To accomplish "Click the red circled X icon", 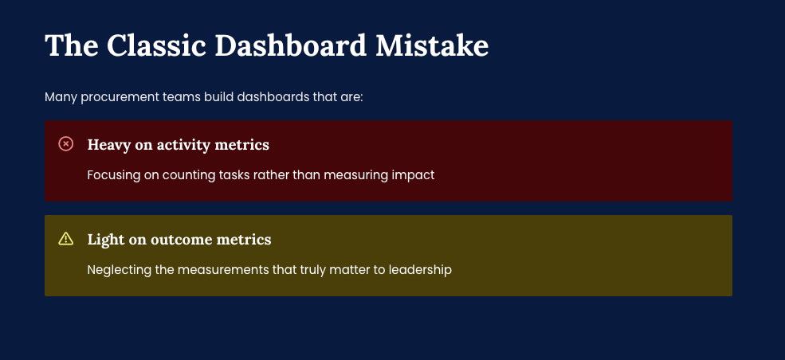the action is click(x=65, y=144).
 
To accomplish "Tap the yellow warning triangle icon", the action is click(x=65, y=239).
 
